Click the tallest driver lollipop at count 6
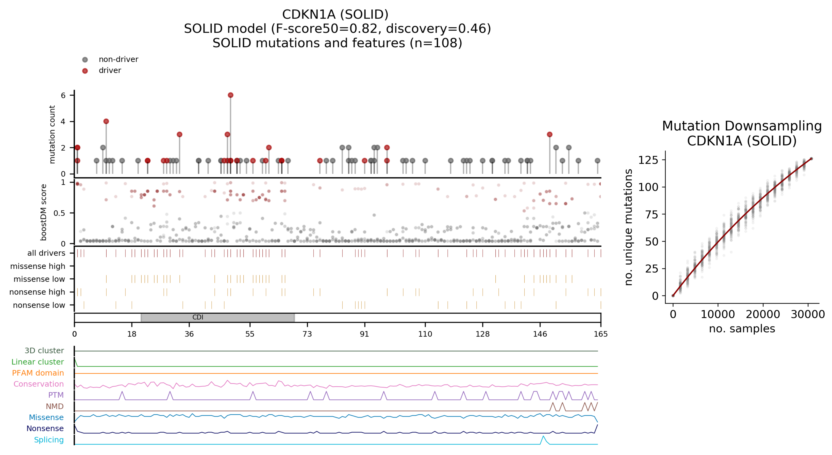point(230,95)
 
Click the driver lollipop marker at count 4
point(106,121)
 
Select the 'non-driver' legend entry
point(118,59)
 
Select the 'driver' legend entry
point(110,70)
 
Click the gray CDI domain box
point(217,318)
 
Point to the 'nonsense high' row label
point(37,292)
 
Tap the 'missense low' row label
point(39,279)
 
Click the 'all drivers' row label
point(46,253)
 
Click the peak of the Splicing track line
point(543,436)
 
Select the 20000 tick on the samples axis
point(763,314)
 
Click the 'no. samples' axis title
point(742,328)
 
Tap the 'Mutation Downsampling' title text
point(742,126)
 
